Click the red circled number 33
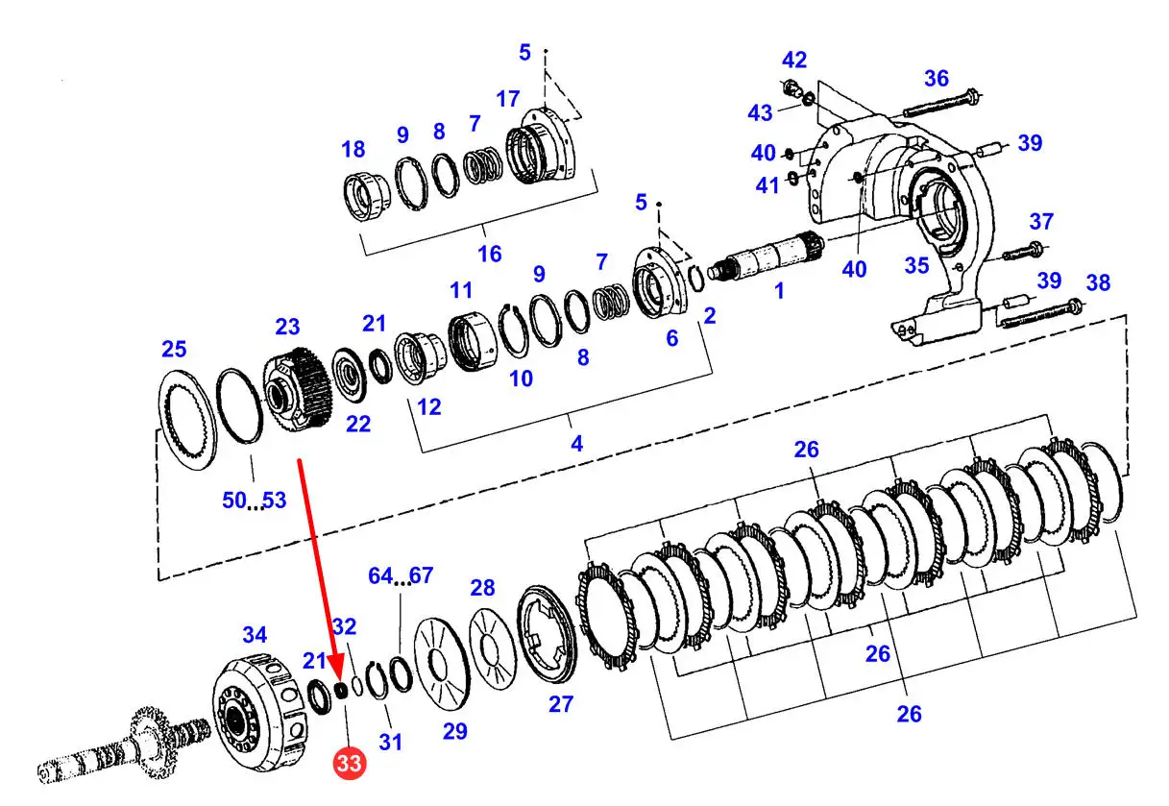349,763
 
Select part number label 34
255,634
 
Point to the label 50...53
255,501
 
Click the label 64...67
401,575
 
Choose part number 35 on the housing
916,265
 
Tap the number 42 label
794,60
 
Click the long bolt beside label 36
942,104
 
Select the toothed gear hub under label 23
295,388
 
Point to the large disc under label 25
187,419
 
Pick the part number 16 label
490,255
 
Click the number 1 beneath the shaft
779,291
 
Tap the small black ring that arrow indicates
341,691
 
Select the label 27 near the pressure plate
561,703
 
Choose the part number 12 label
429,407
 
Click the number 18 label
353,149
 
